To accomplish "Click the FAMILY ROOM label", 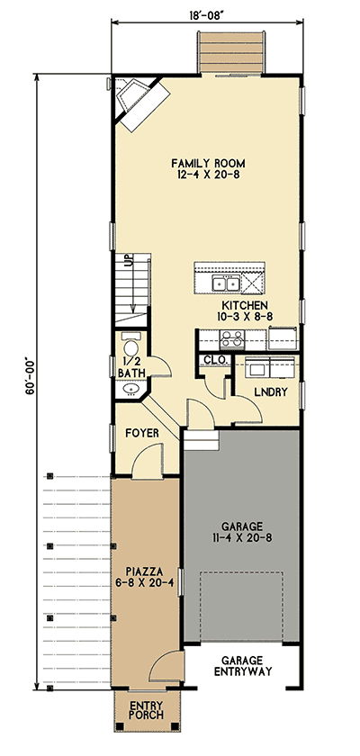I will [x=208, y=163].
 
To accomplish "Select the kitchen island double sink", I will [x=225, y=283].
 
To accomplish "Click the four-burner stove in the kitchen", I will [x=230, y=339].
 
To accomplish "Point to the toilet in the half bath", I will [x=130, y=348].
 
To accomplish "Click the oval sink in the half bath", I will [x=132, y=390].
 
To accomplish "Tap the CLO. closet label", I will [x=214, y=359].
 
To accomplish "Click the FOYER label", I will [x=142, y=433].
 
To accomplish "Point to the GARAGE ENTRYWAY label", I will [x=240, y=664].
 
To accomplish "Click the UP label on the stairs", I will [x=129, y=262].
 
